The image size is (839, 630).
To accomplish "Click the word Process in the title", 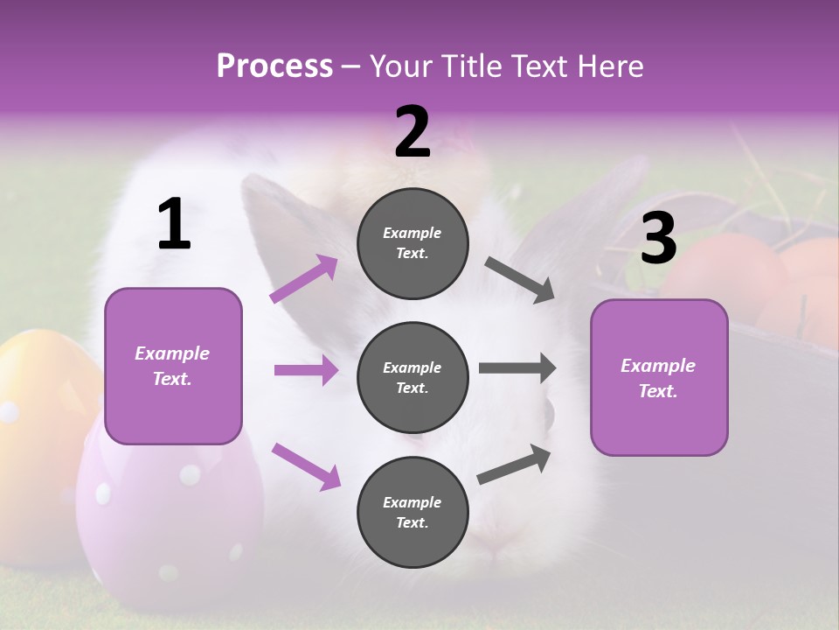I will point(274,66).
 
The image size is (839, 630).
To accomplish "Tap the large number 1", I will point(174,226).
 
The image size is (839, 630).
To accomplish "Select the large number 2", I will point(413,132).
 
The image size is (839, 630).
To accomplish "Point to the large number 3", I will point(658,239).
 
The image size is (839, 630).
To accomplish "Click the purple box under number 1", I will point(173,366).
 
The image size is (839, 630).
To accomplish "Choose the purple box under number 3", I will point(659,377).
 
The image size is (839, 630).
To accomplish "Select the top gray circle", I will point(413,243).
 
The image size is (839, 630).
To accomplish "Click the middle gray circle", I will point(413,377).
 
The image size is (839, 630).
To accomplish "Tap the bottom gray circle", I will point(413,512).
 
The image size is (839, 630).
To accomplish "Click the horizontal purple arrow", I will point(306,370).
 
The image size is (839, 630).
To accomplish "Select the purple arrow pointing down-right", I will point(306,465).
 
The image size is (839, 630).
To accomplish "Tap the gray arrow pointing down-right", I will point(520,279).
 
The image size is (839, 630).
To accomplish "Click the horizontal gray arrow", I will point(517,368).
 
